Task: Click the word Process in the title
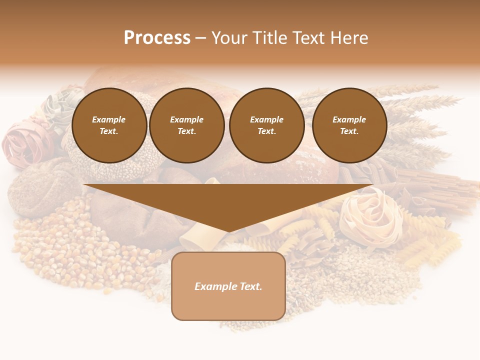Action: coord(157,38)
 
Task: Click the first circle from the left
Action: coord(109,125)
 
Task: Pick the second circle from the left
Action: coord(187,125)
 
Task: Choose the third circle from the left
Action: coord(267,125)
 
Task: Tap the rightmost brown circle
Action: coord(349,125)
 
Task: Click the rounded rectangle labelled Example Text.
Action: coord(228,286)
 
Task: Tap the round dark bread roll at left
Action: coord(42,185)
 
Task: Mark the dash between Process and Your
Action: coord(200,38)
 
